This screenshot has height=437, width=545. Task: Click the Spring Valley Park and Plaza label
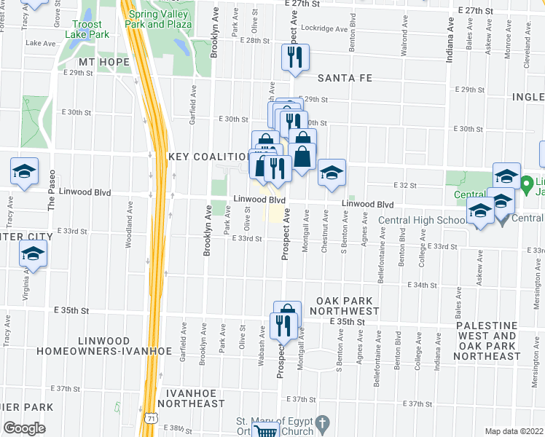160,19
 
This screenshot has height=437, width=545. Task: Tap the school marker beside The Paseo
25,172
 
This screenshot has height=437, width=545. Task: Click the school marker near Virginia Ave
32,256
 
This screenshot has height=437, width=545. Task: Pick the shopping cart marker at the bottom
268,430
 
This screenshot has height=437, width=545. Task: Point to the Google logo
23,428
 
